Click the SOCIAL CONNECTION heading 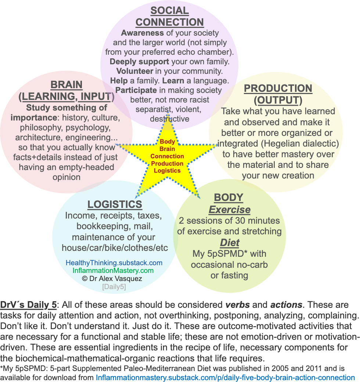pos(169,16)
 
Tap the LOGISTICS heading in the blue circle pos(114,204)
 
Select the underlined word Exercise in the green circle pos(229,210)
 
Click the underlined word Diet pos(230,242)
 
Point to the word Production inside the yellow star pos(167,163)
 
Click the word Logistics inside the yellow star pos(167,170)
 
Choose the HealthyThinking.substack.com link pos(114,263)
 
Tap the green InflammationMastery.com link pos(113,271)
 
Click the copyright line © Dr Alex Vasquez pos(112,278)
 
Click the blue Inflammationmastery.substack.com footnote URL pos(225,378)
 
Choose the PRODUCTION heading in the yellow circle pos(278,88)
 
